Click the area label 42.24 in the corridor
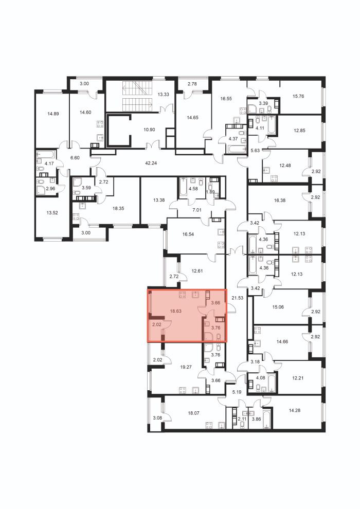[151, 163]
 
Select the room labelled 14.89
[53, 114]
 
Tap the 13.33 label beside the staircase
[163, 95]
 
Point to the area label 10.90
[149, 129]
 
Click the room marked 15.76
[298, 96]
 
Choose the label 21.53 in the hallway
[238, 297]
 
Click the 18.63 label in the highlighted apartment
[175, 311]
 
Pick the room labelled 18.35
[118, 209]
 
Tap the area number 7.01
[197, 210]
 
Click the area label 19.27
[186, 367]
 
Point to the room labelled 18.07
[194, 413]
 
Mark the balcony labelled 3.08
[157, 418]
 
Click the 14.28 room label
[294, 410]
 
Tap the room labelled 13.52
[52, 213]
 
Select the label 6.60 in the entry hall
[75, 158]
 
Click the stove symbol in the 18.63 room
[182, 295]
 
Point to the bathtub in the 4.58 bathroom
[184, 187]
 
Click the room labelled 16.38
[279, 201]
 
